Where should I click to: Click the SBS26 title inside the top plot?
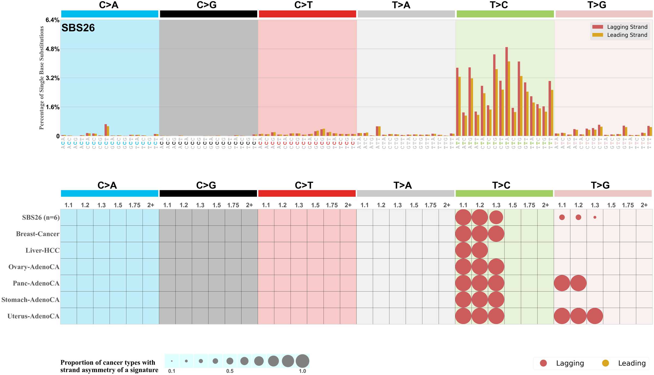(78, 28)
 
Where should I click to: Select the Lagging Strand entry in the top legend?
(627, 27)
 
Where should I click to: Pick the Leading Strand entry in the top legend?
(627, 35)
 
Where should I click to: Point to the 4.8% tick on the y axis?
(53, 49)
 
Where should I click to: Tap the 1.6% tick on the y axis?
(53, 107)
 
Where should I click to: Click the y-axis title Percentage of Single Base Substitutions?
(41, 78)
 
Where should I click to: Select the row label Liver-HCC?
(43, 250)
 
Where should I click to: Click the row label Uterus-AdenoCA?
(33, 316)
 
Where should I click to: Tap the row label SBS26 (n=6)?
(41, 217)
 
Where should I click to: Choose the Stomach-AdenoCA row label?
(30, 300)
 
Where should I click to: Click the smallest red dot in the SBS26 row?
(595, 217)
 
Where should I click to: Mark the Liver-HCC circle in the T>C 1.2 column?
(480, 250)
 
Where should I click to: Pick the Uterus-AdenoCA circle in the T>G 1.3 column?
(595, 316)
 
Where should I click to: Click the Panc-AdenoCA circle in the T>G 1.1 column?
(562, 283)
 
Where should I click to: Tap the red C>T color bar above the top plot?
(307, 14)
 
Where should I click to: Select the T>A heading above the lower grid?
(402, 185)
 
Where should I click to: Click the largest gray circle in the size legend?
(302, 361)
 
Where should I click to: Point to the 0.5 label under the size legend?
(230, 371)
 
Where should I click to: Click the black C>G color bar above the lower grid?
(208, 193)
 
